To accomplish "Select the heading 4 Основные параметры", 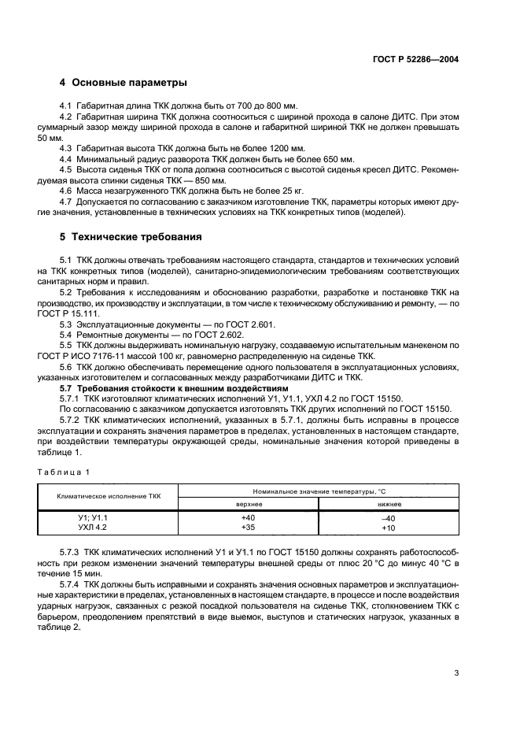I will (x=123, y=83).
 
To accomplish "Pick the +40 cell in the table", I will (x=249, y=517).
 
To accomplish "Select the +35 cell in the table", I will (x=249, y=527).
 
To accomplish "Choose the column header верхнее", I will (x=249, y=503).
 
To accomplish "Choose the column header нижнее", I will (x=388, y=503).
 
